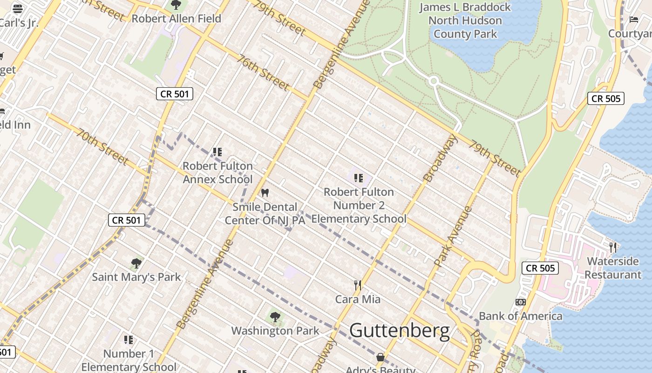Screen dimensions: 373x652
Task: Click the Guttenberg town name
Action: pos(400,331)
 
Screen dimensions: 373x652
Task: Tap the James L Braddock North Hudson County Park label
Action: pos(465,21)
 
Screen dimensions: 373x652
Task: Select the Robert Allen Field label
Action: pos(176,19)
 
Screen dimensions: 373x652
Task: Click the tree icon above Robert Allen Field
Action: pos(176,5)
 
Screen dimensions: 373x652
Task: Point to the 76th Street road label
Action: pos(263,72)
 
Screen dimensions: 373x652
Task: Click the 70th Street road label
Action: pos(102,146)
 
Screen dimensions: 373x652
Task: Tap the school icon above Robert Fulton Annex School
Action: pos(217,152)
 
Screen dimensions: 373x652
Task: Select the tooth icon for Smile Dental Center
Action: pos(265,193)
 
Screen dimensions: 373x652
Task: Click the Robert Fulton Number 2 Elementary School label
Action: pos(359,205)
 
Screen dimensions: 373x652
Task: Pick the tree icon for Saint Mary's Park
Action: pos(136,263)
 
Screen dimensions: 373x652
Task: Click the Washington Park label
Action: pos(275,331)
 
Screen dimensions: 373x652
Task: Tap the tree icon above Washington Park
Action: pos(275,317)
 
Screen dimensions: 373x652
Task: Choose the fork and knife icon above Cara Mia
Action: pos(358,285)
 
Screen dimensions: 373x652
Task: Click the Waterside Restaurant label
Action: pos(613,268)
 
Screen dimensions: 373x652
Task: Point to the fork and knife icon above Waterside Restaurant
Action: pos(613,247)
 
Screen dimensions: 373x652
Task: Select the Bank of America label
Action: pos(521,316)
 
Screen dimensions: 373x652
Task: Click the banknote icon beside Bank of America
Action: pos(521,302)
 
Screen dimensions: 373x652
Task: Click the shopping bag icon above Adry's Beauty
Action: pos(380,357)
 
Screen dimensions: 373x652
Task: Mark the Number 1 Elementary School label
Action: pos(129,360)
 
